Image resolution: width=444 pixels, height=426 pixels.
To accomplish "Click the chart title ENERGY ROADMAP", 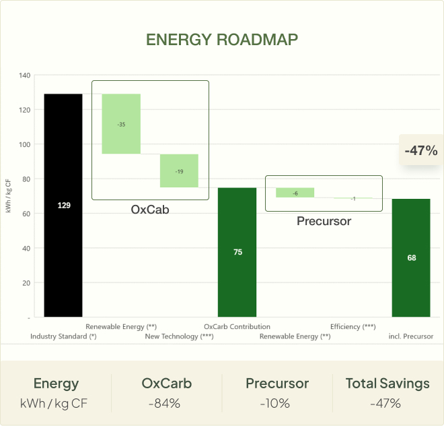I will click(222, 39).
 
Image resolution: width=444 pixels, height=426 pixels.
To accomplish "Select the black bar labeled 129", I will click(63, 205).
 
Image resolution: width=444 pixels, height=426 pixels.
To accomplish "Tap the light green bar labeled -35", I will click(121, 124).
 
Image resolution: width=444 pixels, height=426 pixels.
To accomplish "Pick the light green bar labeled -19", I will click(179, 171).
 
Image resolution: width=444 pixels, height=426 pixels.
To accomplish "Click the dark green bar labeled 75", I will click(237, 252).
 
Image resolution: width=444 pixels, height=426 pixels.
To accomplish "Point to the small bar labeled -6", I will click(295, 193).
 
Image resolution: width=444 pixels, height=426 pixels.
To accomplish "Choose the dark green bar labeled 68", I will click(411, 257).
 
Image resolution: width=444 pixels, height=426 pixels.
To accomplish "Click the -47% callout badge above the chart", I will click(421, 151).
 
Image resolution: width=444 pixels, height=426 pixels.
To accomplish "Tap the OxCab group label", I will click(149, 210).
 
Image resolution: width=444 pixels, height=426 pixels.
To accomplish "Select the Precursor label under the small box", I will click(324, 220).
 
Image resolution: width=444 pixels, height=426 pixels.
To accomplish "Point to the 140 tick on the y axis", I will click(24, 75).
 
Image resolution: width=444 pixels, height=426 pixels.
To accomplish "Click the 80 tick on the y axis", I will click(26, 179).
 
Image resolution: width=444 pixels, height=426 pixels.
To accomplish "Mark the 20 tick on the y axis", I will click(26, 283).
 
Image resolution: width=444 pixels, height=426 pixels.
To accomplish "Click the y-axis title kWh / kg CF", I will click(8, 196).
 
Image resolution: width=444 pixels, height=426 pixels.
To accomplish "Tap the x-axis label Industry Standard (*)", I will click(63, 336).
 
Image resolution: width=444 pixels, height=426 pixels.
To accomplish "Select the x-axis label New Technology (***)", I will click(179, 336).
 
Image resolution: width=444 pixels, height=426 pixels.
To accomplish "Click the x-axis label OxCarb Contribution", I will click(237, 327).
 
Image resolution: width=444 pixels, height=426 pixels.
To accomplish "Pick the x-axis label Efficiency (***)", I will click(353, 327).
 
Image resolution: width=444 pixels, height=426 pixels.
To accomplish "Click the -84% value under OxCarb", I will click(166, 404).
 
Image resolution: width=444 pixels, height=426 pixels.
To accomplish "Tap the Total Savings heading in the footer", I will click(387, 384).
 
